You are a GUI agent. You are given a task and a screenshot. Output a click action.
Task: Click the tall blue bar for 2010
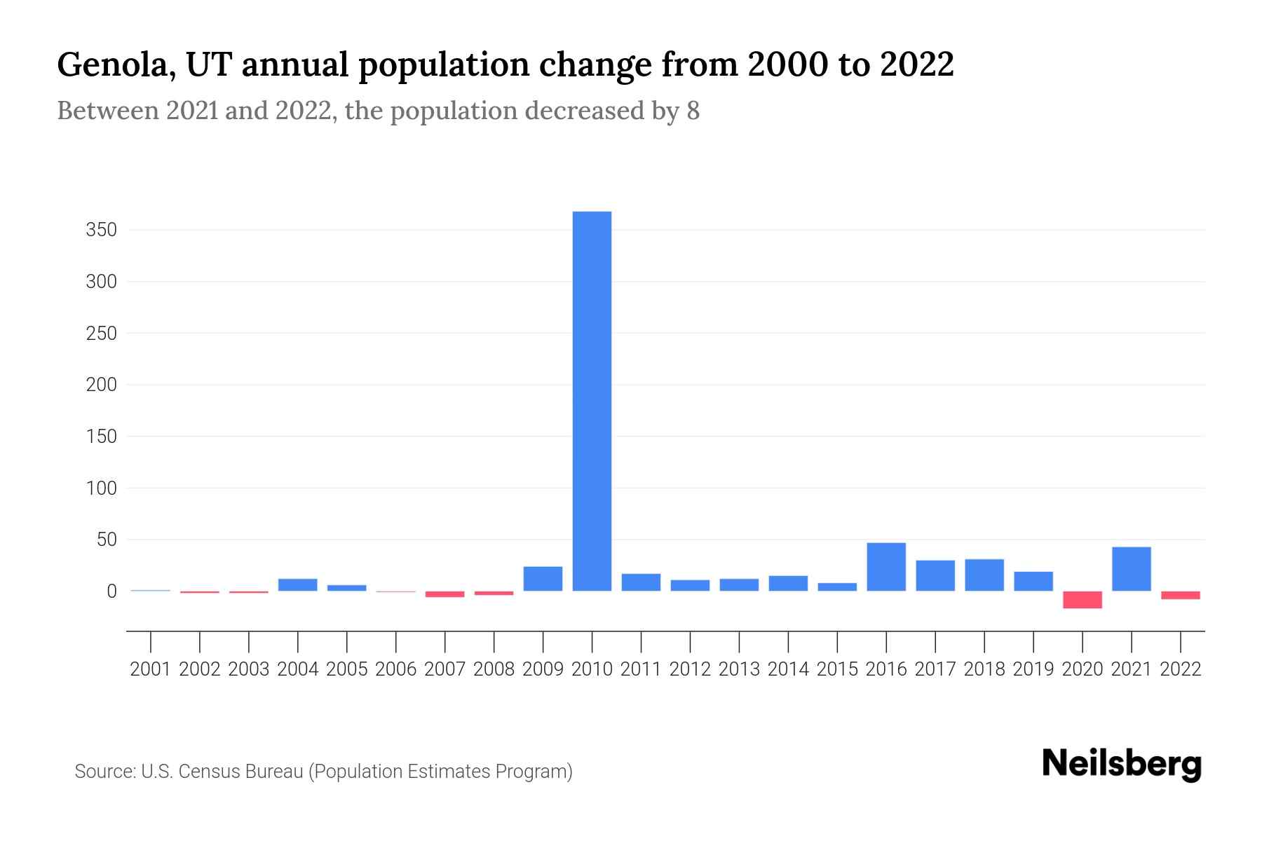pyautogui.click(x=592, y=401)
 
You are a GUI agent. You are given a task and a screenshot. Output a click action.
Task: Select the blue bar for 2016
pyautogui.click(x=886, y=567)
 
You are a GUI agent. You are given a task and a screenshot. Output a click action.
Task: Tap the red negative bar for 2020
pyautogui.click(x=1083, y=600)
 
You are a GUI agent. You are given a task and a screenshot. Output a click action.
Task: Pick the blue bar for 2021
pyautogui.click(x=1132, y=569)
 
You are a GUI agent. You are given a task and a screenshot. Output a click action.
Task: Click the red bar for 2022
pyautogui.click(x=1181, y=595)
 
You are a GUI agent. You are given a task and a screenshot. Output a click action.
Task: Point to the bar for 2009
pyautogui.click(x=543, y=579)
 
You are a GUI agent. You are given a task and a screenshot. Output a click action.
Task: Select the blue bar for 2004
pyautogui.click(x=297, y=584)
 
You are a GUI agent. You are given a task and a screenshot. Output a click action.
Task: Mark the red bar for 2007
pyautogui.click(x=445, y=594)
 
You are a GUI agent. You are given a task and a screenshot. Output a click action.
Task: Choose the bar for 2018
pyautogui.click(x=984, y=575)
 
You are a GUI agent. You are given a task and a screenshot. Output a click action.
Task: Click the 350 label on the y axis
pyautogui.click(x=101, y=230)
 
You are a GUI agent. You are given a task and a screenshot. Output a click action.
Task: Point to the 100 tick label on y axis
pyautogui.click(x=101, y=488)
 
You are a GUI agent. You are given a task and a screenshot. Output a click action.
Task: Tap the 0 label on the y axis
pyautogui.click(x=111, y=592)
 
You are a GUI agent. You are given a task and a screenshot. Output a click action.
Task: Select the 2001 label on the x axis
pyautogui.click(x=150, y=669)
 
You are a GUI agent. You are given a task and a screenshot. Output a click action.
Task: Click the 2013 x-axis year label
pyautogui.click(x=739, y=669)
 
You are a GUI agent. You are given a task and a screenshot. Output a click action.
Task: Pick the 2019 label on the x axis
pyautogui.click(x=1033, y=669)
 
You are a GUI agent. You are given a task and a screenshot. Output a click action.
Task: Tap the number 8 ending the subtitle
pyautogui.click(x=693, y=111)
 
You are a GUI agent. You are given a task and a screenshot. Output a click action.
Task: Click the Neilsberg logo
pyautogui.click(x=1122, y=764)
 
